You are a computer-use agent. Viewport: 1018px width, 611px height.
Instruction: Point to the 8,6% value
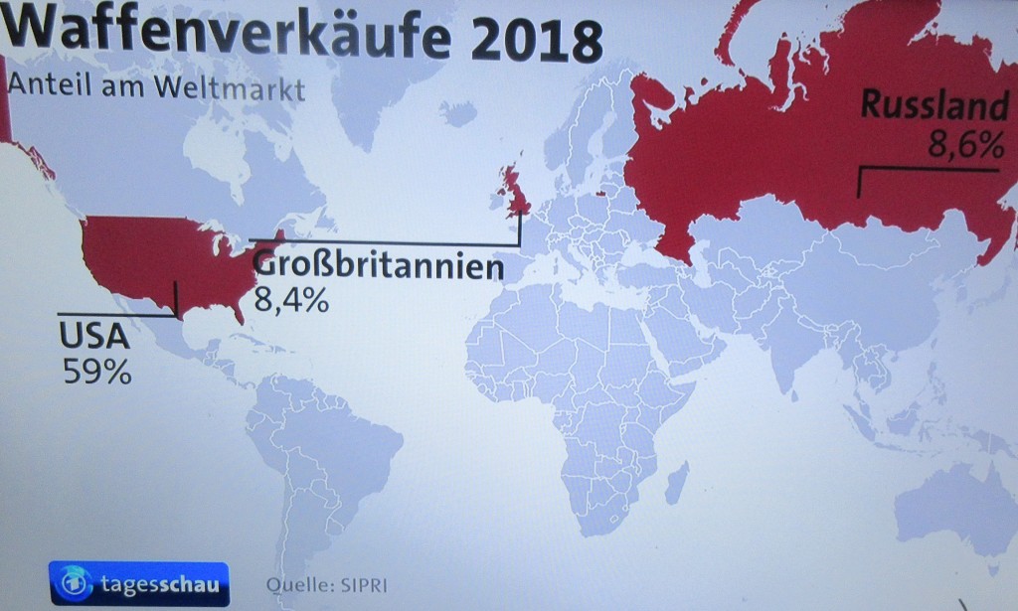965,146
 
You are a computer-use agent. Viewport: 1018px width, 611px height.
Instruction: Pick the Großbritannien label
373,266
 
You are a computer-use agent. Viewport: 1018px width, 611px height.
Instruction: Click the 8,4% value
291,299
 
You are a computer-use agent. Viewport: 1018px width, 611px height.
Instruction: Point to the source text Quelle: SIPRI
324,583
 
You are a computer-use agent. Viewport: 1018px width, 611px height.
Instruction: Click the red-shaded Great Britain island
518,191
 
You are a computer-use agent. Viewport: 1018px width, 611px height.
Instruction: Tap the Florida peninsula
239,311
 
